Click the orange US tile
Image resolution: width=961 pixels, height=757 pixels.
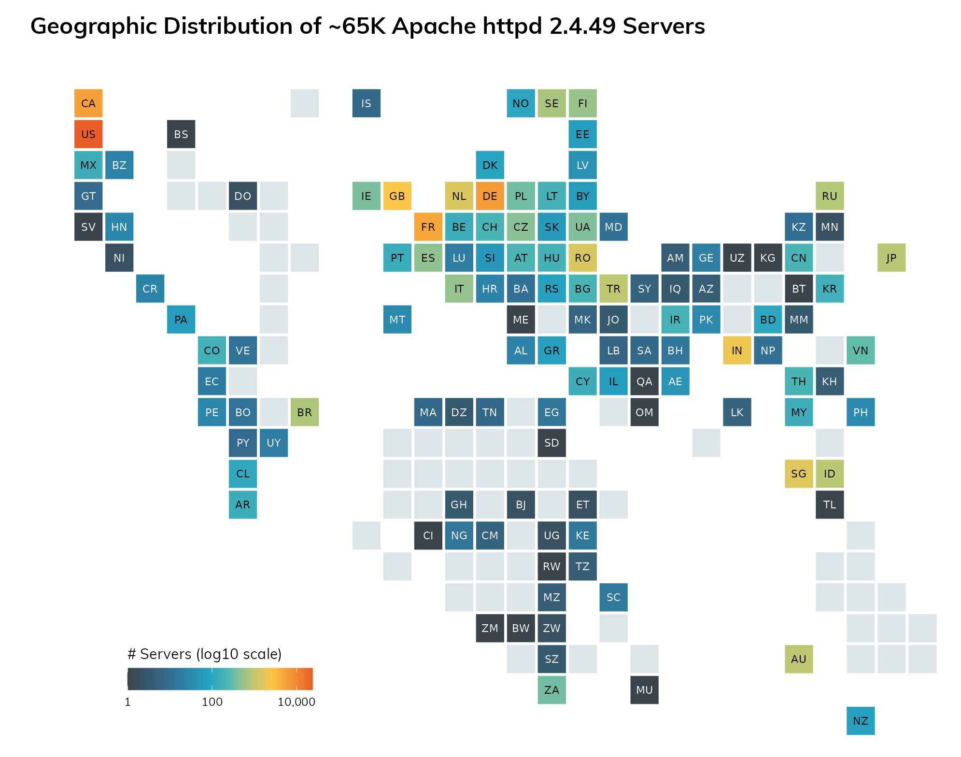click(x=88, y=134)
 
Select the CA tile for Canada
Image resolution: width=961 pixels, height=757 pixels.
click(x=88, y=103)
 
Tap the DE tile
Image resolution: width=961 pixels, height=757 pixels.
click(x=490, y=196)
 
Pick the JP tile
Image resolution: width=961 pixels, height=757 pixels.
click(x=891, y=258)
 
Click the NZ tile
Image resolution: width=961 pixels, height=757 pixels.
click(x=861, y=721)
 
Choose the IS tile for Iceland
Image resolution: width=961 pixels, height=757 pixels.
click(x=367, y=103)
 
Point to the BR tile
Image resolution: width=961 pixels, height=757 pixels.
click(x=305, y=412)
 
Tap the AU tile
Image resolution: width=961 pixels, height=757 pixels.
click(x=799, y=659)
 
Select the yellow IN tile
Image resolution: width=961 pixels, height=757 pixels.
click(x=737, y=350)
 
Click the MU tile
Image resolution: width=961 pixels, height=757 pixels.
click(x=644, y=690)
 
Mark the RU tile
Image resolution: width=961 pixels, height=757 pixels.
click(x=830, y=196)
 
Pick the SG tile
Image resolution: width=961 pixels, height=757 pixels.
click(x=799, y=474)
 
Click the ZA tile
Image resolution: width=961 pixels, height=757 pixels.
click(x=551, y=690)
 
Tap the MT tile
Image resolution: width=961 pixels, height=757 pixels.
click(x=397, y=320)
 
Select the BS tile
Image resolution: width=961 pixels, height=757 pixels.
click(x=181, y=134)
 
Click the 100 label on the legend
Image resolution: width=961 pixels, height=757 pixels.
click(x=212, y=702)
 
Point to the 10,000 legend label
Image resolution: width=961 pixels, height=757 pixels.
click(x=296, y=702)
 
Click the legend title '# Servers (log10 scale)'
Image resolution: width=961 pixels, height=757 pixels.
click(x=204, y=654)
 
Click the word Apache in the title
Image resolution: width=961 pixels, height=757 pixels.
click(x=433, y=27)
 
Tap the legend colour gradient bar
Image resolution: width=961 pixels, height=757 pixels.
click(x=220, y=679)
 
